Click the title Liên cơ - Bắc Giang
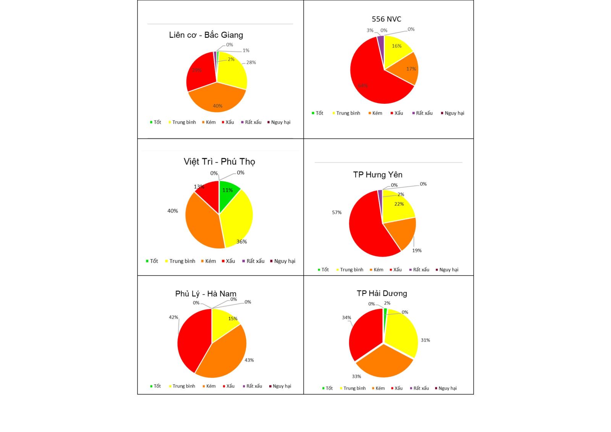[206, 35]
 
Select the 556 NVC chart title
[386, 19]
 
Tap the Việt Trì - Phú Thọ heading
[219, 162]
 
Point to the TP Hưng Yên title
[378, 175]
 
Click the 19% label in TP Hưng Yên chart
[417, 251]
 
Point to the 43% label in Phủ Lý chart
[249, 360]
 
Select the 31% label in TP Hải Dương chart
[425, 340]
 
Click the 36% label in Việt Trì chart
[241, 242]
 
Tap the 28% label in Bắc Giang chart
[251, 63]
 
